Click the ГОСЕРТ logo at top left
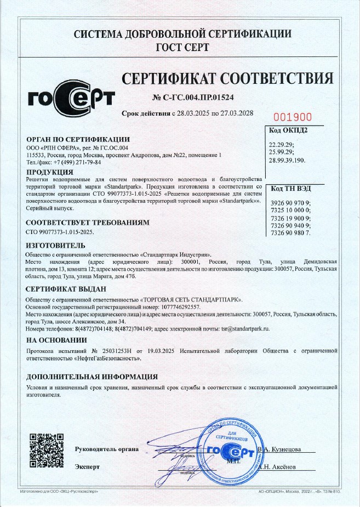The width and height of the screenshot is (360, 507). [x=71, y=98]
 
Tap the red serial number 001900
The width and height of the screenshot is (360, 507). [x=292, y=117]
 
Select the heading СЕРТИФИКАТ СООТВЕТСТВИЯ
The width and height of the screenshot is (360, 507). [x=227, y=77]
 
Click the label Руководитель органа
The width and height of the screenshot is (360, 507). [x=106, y=450]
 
